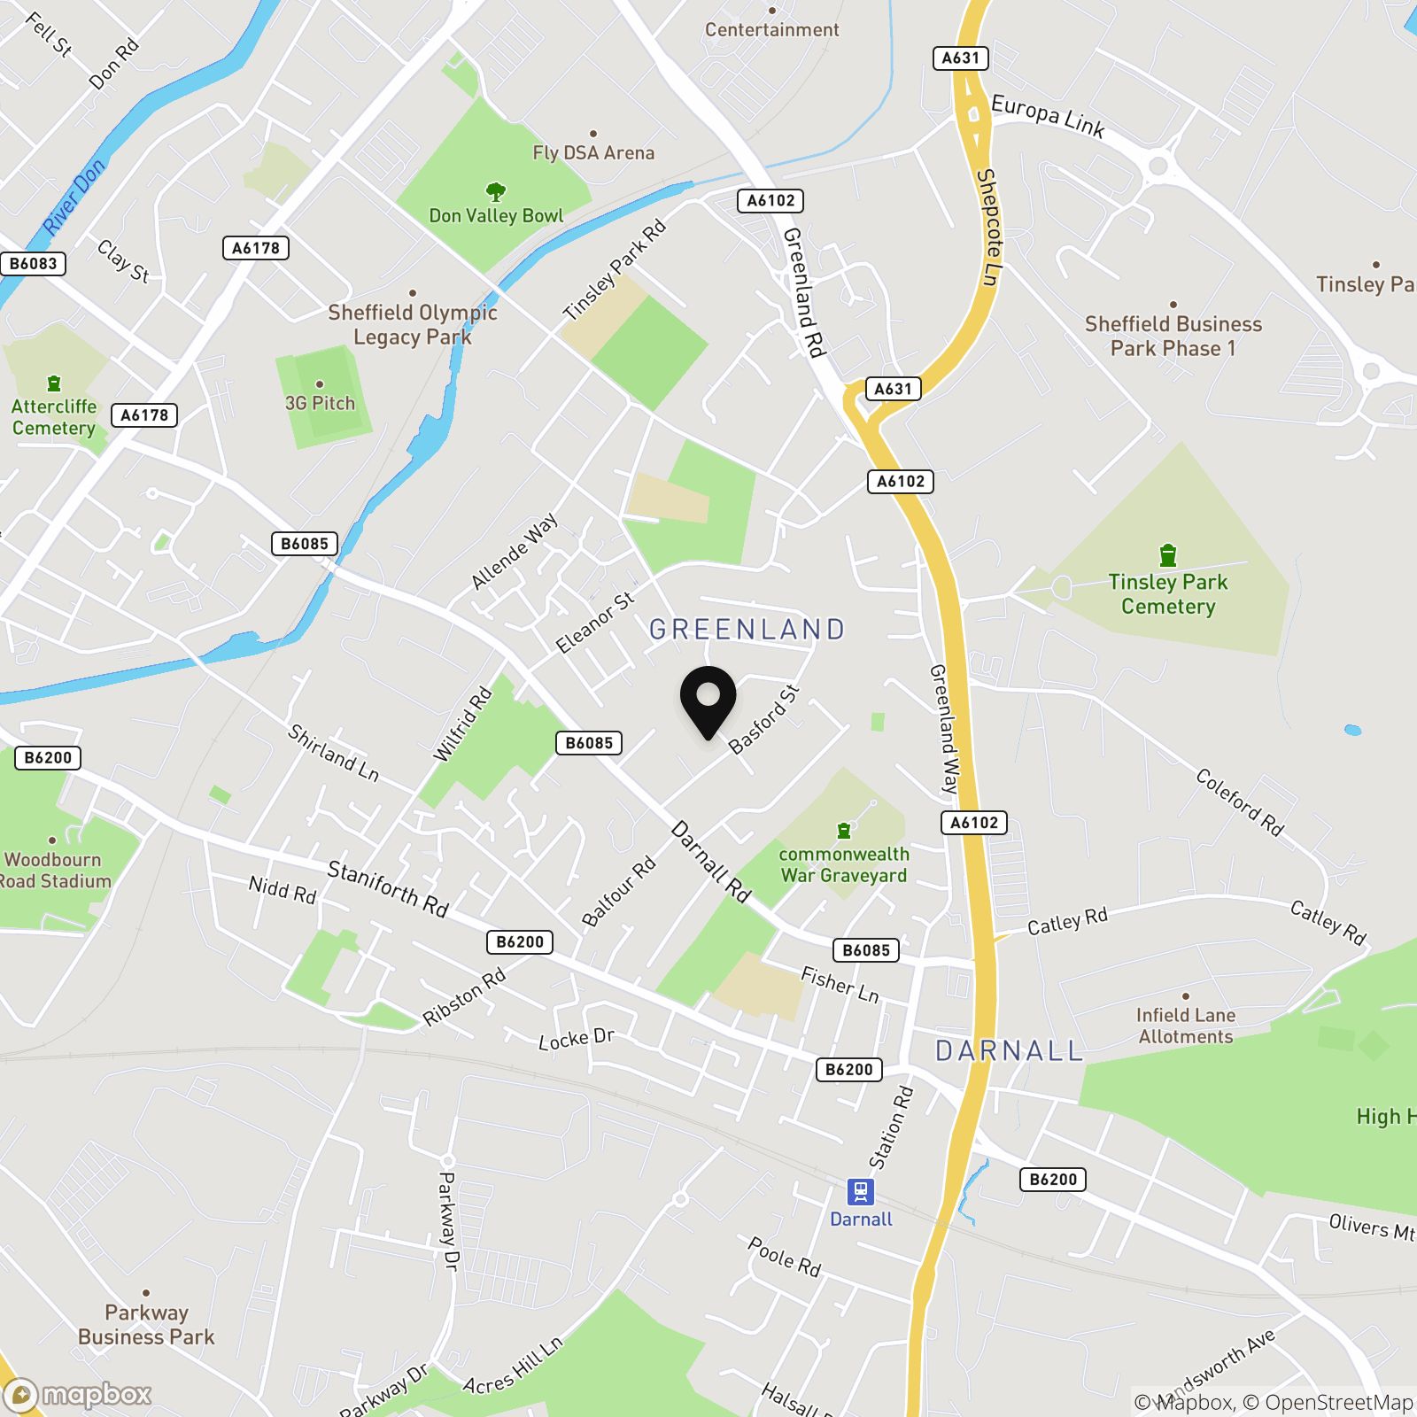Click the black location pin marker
tap(708, 700)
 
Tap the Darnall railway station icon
tap(860, 1192)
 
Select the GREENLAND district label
tap(747, 630)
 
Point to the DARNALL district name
tap(1009, 1051)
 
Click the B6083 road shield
tap(33, 263)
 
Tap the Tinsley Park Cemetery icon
tap(1168, 555)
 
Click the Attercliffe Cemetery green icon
tap(54, 383)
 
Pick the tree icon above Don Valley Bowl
tap(496, 191)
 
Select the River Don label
tap(74, 197)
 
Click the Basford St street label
tap(763, 719)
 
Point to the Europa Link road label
tap(1048, 117)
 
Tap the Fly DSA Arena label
tap(593, 152)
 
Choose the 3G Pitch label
tap(320, 403)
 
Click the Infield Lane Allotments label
tap(1185, 1026)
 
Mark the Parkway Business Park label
tap(146, 1324)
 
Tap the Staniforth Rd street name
tap(388, 888)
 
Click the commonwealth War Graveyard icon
tap(844, 831)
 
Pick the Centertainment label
tap(771, 29)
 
